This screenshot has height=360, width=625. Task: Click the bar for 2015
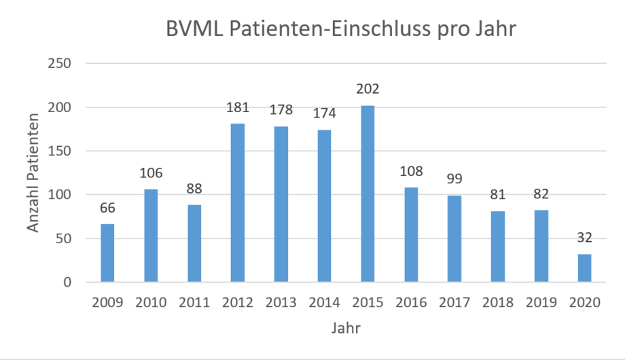[x=368, y=194]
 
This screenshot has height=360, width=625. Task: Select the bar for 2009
[x=107, y=253]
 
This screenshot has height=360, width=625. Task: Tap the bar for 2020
[x=585, y=268]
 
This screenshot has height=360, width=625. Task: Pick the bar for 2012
[x=238, y=202]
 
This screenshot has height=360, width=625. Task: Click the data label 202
[x=368, y=90]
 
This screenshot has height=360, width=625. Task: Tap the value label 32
[x=585, y=238]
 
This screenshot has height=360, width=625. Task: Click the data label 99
[x=454, y=180]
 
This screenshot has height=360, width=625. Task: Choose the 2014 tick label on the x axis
[x=325, y=304]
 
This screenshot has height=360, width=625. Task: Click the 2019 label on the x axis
[x=541, y=304]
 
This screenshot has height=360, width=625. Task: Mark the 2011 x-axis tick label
[x=194, y=304]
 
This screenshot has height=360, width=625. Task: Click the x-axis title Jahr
[x=346, y=329]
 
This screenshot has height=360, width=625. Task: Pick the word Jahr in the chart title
[x=496, y=31]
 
